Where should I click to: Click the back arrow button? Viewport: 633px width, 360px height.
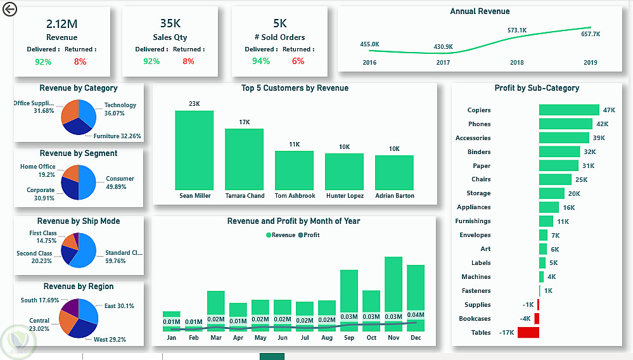[10, 10]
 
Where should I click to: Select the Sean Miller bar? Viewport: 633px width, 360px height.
[194, 150]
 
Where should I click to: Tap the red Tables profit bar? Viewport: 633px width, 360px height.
[528, 333]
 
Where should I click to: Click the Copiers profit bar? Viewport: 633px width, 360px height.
[568, 110]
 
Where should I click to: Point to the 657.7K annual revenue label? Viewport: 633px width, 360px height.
[591, 34]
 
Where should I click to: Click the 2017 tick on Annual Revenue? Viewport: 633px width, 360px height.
[443, 63]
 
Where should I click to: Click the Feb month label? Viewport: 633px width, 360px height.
[193, 338]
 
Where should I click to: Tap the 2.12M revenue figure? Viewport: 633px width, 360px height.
[61, 24]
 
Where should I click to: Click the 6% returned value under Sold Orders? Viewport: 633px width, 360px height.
[298, 61]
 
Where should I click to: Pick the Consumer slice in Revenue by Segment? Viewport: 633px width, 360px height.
[87, 183]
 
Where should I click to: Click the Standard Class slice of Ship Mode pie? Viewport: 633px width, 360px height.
[85, 252]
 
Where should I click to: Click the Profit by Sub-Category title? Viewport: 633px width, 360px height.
[537, 88]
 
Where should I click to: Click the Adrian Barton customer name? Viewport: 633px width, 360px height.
[394, 196]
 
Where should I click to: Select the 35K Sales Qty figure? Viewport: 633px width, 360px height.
[170, 24]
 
